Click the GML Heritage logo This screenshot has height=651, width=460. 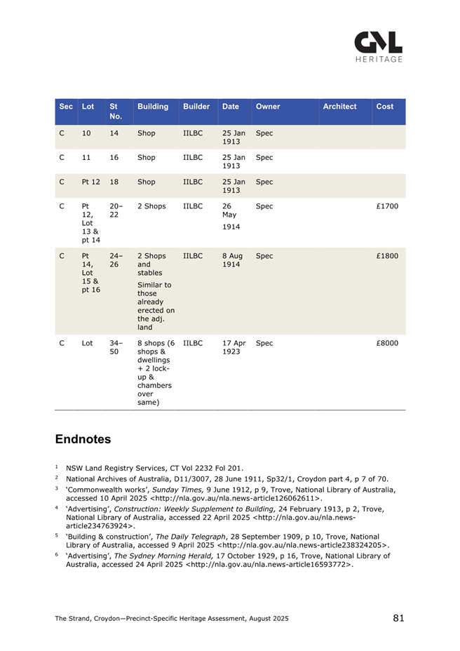click(x=377, y=46)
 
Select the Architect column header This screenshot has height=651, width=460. click(x=339, y=107)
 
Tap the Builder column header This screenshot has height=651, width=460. click(x=196, y=107)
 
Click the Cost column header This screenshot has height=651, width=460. click(x=385, y=107)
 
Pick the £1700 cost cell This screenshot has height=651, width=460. click(x=387, y=208)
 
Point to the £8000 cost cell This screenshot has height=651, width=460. click(x=387, y=344)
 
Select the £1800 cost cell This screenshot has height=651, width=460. click(x=387, y=257)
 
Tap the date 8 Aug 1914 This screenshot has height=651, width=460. click(x=231, y=262)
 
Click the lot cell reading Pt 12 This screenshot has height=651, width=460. click(x=90, y=182)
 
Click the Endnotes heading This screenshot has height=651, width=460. click(x=83, y=440)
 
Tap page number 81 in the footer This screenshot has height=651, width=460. click(x=398, y=618)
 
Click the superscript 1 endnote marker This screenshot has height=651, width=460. click(x=57, y=465)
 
